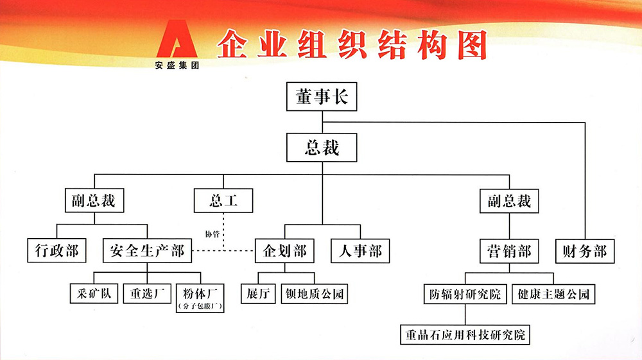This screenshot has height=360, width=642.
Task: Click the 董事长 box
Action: point(322,97)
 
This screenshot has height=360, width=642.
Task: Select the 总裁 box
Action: point(322,148)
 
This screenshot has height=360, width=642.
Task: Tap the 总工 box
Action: point(223,201)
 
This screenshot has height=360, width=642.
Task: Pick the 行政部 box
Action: point(56,250)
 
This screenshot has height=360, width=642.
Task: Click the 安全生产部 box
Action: point(147,250)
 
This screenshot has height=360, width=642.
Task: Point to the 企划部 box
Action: point(286,250)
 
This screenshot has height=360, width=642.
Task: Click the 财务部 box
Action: point(584,250)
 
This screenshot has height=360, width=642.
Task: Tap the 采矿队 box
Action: point(94,293)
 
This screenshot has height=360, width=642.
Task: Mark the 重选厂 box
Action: point(147,293)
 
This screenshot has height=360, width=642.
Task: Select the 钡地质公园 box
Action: point(315,293)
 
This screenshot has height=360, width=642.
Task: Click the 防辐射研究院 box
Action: point(465,293)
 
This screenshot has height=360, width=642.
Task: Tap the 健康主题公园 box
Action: point(551,293)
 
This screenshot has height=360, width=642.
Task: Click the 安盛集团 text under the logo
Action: point(177,65)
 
